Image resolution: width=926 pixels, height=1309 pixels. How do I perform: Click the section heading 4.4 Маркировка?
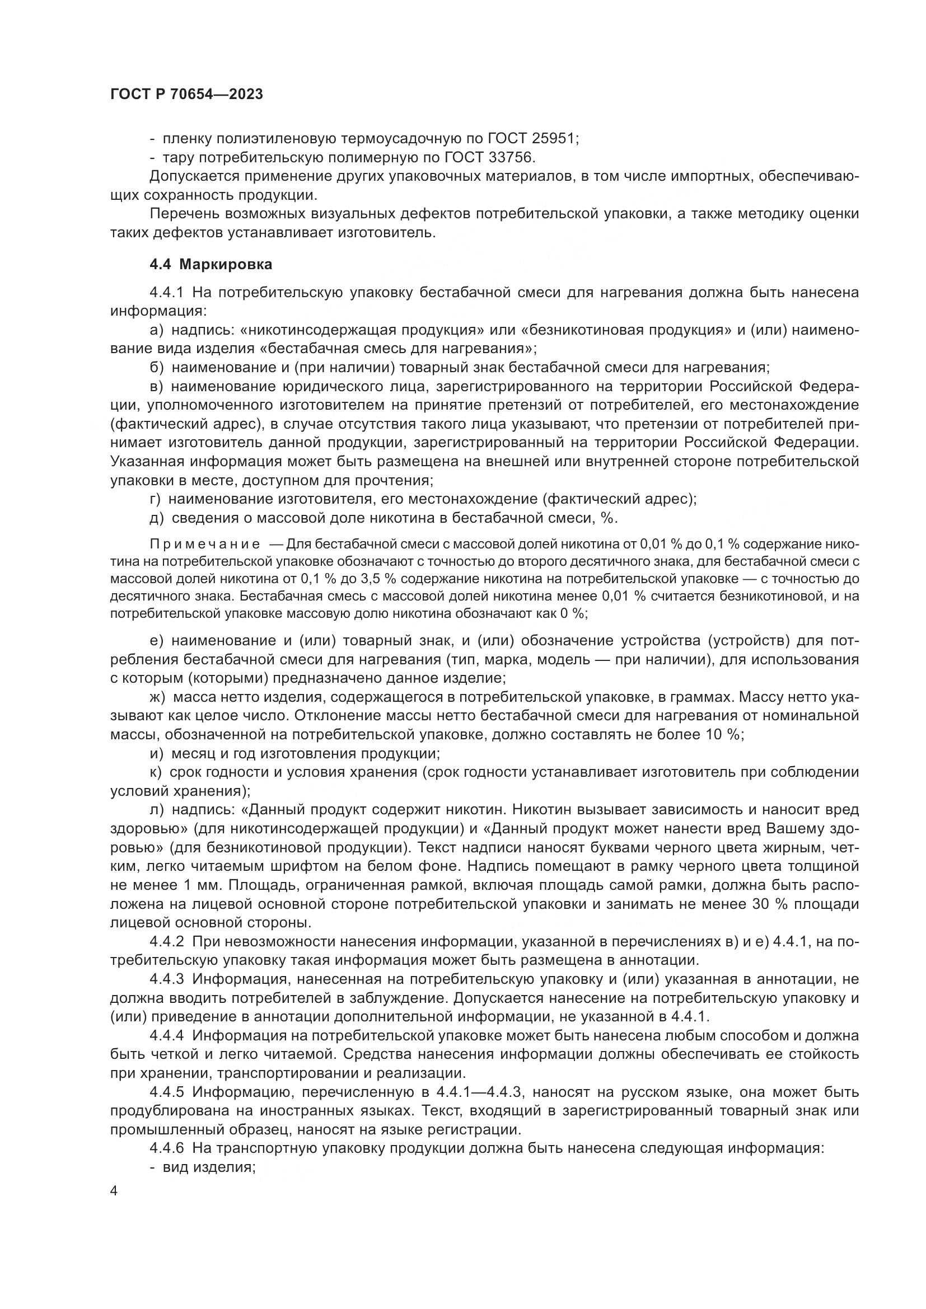click(x=211, y=265)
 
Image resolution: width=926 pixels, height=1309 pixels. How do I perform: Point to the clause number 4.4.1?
click(x=166, y=293)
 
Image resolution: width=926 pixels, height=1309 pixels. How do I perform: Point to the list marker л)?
click(x=156, y=810)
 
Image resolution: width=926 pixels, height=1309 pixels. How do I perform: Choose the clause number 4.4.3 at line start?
click(x=166, y=979)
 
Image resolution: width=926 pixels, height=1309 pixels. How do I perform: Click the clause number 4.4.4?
click(x=166, y=1036)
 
